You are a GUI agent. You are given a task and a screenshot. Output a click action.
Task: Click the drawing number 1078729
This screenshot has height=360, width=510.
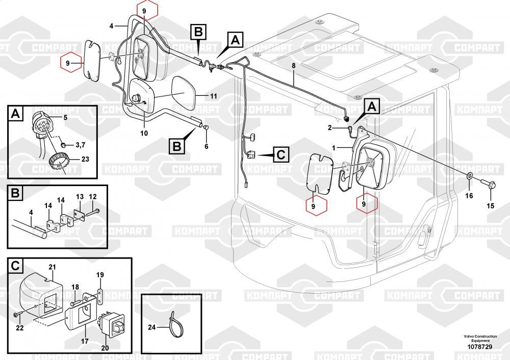point(480,347)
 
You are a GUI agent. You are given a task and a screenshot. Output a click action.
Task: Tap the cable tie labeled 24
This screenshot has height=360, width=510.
point(172,324)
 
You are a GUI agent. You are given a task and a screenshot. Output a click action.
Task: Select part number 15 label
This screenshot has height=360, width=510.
point(490,206)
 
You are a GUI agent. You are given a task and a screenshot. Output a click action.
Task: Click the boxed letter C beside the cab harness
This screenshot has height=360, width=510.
point(281,154)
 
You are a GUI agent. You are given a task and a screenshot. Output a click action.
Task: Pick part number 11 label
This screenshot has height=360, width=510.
point(214,95)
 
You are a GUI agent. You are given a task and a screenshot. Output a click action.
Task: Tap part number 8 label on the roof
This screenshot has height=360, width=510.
point(293,66)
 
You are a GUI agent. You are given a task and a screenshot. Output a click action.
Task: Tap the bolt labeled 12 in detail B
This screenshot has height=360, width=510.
point(95,210)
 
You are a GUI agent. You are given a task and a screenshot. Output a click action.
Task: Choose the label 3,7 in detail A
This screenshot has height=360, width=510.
point(81,145)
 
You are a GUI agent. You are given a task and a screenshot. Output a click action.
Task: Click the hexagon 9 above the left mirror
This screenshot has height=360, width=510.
point(143,11)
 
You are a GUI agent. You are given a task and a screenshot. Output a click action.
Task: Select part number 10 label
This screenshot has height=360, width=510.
point(144,133)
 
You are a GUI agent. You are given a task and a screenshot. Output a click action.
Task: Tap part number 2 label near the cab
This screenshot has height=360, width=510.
point(329,127)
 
